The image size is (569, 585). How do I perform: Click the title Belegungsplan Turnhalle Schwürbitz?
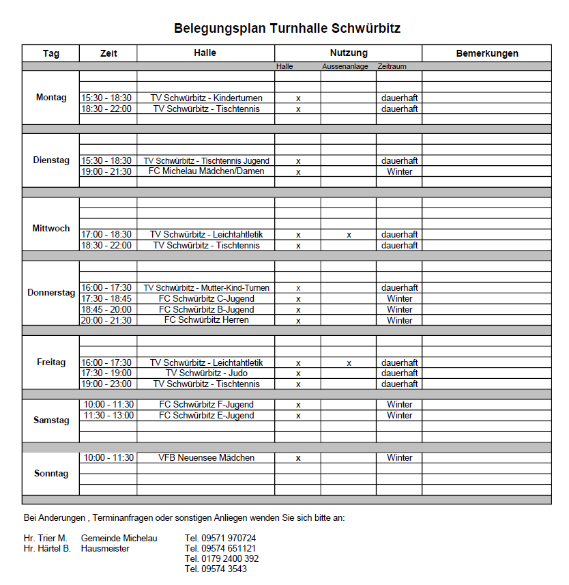coord(287,29)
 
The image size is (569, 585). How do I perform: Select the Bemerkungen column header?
coord(486,53)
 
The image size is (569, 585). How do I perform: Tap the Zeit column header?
coord(108,53)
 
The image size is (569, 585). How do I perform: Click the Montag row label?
coord(51,98)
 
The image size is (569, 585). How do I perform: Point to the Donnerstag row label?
coord(51,293)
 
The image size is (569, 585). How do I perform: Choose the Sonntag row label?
coord(51,473)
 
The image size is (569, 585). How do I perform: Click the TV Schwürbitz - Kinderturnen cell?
coord(206,98)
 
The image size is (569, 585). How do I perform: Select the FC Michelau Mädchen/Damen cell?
coord(206,171)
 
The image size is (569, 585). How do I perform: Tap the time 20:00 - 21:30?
coord(106,320)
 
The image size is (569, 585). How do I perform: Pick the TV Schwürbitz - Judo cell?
coord(206,373)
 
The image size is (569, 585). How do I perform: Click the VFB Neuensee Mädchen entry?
coord(206,458)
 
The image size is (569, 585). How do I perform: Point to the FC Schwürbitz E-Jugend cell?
coord(206,416)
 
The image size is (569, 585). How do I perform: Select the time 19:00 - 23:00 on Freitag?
coord(106,384)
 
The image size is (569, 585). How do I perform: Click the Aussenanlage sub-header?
coord(345,67)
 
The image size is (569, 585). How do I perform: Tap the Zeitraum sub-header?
coord(392,67)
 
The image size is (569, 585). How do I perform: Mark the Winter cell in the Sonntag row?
coord(399,458)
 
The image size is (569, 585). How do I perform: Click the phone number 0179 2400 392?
coord(222,558)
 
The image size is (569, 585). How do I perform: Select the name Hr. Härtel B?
coord(47,548)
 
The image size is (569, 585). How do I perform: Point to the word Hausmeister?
coord(105,548)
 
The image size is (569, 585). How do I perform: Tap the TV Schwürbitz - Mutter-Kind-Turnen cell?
coord(206,288)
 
